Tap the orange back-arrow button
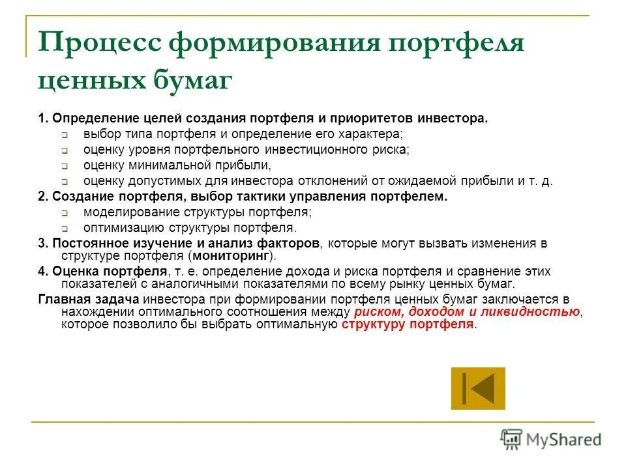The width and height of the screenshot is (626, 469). coord(478,388)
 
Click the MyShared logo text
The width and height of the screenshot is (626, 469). coord(565,440)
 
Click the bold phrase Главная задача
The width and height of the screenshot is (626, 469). coord(88,300)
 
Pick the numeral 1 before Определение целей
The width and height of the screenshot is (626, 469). coord(41,119)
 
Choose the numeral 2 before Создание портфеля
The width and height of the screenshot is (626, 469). coord(41,197)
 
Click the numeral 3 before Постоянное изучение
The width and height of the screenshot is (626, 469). coord(41,244)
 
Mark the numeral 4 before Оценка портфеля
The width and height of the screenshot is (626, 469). coord(41,271)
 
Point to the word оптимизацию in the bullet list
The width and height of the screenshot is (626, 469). coord(124,227)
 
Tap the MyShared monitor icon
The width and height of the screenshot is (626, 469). coord(512,440)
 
